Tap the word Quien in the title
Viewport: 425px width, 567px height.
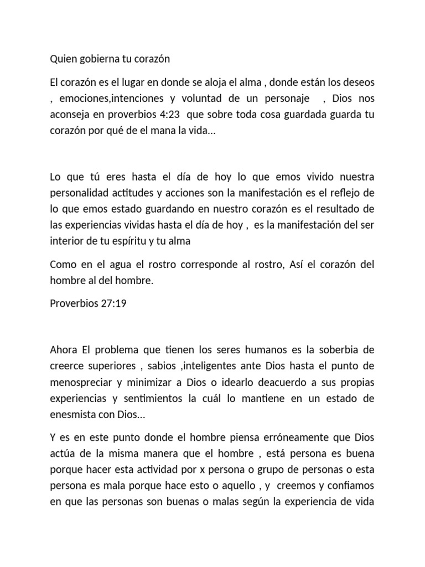click(x=63, y=59)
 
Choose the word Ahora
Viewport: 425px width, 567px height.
click(x=64, y=350)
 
